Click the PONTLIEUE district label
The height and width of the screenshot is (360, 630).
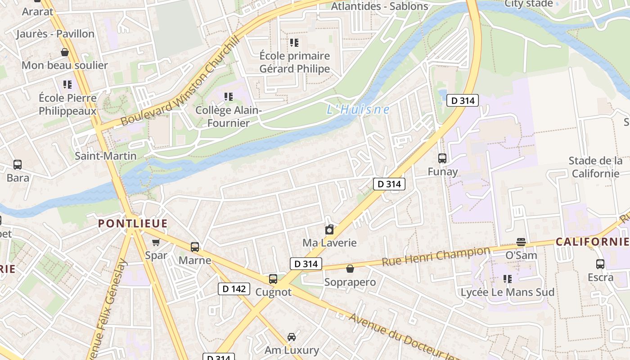(133, 223)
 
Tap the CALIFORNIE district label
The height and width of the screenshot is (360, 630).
(592, 242)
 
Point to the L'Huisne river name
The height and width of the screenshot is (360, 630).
(358, 109)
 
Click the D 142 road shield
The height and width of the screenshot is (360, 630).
(234, 289)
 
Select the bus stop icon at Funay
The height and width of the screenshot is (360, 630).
(442, 158)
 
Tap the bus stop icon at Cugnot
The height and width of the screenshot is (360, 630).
(273, 279)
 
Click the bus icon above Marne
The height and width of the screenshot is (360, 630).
(195, 247)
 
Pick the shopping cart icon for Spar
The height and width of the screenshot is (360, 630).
(156, 243)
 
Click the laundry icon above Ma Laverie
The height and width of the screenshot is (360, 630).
(329, 230)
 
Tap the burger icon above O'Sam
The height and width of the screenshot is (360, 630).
(521, 242)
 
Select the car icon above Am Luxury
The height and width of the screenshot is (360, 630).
(292, 337)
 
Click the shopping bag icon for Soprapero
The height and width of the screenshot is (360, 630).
(350, 269)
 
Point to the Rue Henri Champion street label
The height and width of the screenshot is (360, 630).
(436, 256)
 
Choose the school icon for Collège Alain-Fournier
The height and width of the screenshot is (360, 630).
(229, 96)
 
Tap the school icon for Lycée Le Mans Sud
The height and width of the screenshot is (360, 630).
(508, 279)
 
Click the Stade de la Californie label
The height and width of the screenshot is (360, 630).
(595, 167)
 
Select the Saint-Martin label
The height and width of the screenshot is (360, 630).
(105, 156)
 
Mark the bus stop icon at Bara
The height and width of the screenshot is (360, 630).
(18, 165)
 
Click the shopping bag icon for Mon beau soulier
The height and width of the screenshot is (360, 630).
(65, 52)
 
